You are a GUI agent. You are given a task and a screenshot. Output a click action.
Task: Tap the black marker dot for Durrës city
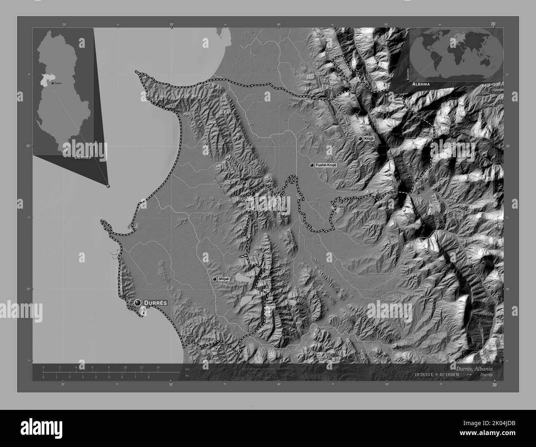click(138, 303)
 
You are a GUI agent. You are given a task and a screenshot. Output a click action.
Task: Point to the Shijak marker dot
click(214, 279)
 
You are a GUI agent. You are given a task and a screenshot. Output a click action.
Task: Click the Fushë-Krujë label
click(326, 165)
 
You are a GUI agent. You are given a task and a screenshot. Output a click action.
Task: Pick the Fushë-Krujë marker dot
click(312, 165)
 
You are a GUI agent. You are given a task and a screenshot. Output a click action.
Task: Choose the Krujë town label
click(369, 139)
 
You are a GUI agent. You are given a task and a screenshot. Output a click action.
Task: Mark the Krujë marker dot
click(360, 139)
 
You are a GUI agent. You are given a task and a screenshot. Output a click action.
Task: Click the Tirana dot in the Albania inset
click(52, 83)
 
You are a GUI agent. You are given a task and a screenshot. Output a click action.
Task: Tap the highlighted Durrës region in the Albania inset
click(43, 81)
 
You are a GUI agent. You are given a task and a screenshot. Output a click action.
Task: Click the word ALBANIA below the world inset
click(421, 84)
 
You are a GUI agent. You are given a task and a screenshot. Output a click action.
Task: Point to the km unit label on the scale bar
click(188, 369)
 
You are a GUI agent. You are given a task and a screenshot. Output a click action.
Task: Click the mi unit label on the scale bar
click(188, 376)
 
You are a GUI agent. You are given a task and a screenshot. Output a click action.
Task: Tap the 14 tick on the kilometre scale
click(158, 367)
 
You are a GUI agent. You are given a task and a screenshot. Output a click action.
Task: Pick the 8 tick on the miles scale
click(148, 377)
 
